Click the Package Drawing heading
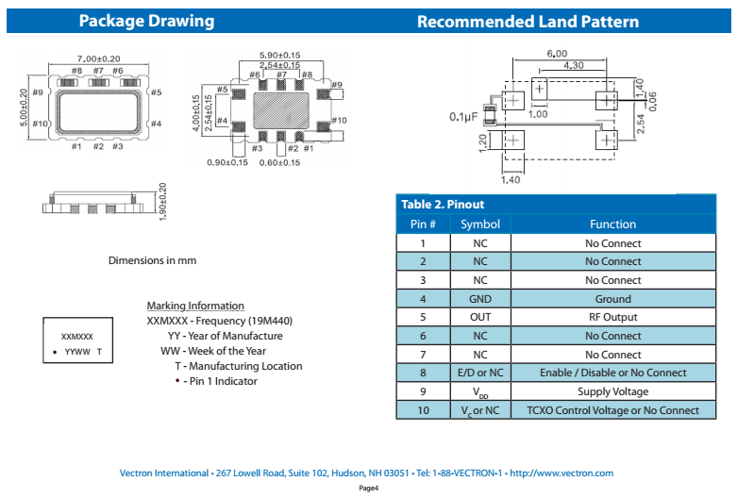146,21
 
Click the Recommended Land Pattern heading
528,22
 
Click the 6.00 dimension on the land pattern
556,54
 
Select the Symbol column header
480,224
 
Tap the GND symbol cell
480,299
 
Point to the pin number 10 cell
423,410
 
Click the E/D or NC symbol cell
480,373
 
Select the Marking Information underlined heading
195,306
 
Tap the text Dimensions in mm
152,260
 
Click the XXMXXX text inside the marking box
77,336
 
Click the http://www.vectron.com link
561,473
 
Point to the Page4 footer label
369,489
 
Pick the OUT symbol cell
480,317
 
